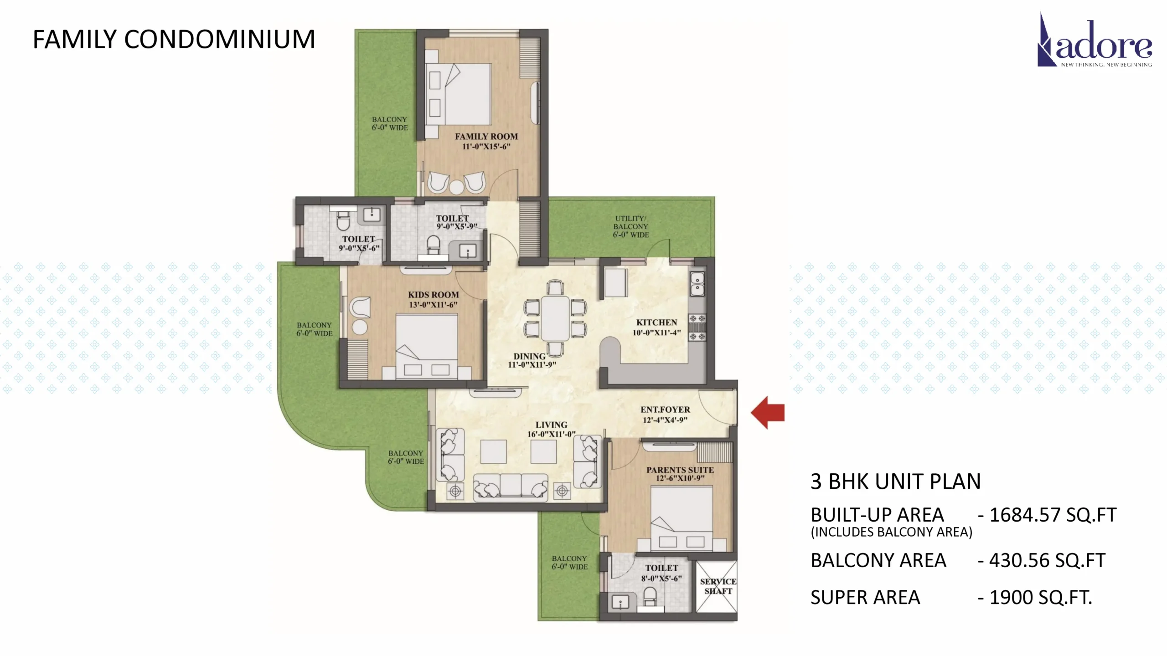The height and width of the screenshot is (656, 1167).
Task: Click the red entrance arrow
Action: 768,413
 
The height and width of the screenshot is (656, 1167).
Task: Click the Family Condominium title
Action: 174,39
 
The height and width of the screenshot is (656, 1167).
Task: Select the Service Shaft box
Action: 715,586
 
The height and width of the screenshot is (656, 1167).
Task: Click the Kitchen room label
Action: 656,322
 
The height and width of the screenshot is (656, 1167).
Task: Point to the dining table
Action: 555,318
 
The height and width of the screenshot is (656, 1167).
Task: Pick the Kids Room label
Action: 433,295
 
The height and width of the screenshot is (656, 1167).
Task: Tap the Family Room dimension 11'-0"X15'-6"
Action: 486,146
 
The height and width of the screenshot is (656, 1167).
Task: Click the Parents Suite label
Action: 680,470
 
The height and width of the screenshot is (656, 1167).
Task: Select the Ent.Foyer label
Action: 665,410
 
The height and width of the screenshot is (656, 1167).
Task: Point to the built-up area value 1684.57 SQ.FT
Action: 1053,515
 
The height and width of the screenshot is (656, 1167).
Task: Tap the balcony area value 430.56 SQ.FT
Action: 1047,560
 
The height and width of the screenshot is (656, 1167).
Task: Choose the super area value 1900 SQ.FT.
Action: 1041,597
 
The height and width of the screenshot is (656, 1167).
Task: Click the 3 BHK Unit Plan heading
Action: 895,481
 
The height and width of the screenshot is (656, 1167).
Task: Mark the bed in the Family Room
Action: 458,94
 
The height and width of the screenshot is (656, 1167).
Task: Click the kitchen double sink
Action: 697,283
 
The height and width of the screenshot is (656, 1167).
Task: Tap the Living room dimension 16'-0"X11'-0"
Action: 551,434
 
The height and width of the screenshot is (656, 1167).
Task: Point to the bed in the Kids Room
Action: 426,346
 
